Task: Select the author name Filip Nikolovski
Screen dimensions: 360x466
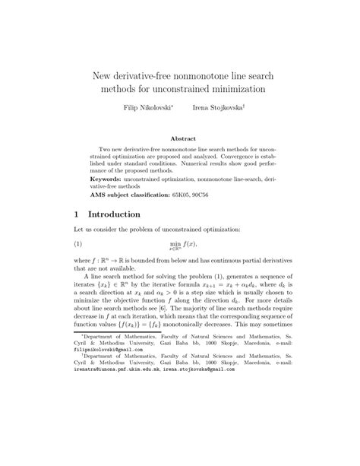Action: [145, 109]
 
